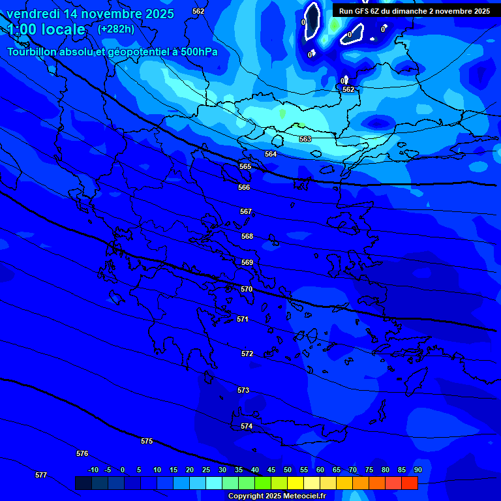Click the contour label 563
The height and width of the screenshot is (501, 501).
[x=305, y=139]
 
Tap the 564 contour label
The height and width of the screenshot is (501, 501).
[x=271, y=154]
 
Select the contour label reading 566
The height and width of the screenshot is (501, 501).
[x=244, y=187]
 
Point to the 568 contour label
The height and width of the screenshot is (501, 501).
[x=247, y=236]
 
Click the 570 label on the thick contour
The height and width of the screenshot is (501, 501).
[x=247, y=289]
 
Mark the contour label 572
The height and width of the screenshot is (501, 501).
[x=247, y=354]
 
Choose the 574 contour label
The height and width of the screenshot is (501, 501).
[x=247, y=426]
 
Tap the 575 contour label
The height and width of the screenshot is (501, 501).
[x=147, y=442]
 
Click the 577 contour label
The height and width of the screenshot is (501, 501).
[x=41, y=475]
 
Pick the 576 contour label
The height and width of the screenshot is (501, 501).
[x=82, y=453]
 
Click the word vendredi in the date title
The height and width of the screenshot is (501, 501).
[x=32, y=14]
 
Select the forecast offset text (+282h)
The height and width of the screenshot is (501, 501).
[x=116, y=29]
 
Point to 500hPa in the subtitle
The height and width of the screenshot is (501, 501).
[x=198, y=52]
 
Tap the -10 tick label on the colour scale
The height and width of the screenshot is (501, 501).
[x=93, y=470]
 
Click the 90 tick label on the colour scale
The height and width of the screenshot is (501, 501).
[x=417, y=470]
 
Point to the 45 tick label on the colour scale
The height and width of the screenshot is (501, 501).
[x=271, y=470]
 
